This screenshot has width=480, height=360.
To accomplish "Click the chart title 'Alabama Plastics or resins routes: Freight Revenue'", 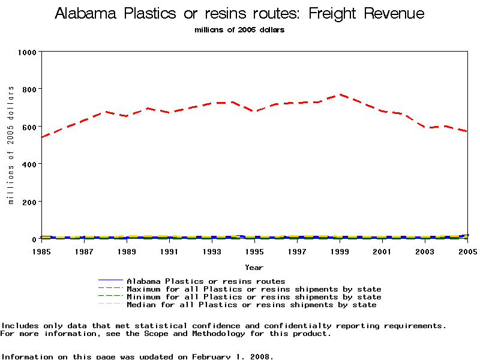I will (239, 14).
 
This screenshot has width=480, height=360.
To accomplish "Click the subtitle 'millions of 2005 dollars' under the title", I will (239, 29).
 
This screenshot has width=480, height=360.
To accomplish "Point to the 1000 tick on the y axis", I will (27, 52).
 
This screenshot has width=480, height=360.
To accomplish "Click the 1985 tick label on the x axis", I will (41, 251).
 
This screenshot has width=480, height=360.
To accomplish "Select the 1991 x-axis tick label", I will (169, 251).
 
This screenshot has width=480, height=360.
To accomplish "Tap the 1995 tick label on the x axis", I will (254, 251).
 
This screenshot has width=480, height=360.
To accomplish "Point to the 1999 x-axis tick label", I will (340, 251).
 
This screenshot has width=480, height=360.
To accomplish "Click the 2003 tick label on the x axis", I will (425, 251).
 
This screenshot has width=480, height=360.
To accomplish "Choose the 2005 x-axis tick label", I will (467, 251).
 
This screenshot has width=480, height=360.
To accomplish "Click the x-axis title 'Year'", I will (254, 267).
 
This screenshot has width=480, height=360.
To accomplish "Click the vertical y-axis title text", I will (11, 145).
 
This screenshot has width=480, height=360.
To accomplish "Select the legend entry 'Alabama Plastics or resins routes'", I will (206, 281).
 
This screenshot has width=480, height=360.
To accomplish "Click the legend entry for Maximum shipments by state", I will (254, 289).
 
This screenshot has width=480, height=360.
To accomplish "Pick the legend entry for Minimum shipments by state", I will (254, 297).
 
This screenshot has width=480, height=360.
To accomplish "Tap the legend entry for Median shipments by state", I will (251, 305).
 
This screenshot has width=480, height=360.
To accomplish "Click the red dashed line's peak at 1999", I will (340, 94).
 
